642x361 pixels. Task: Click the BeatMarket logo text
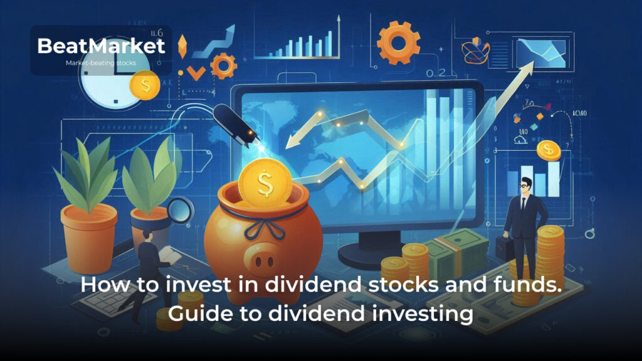[100, 46]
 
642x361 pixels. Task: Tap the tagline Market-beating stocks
[100, 63]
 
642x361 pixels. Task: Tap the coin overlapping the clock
[145, 86]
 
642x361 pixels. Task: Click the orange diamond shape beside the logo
[182, 47]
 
